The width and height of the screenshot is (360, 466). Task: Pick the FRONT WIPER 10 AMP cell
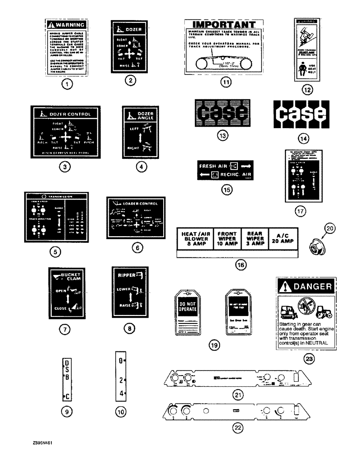[x=227, y=238]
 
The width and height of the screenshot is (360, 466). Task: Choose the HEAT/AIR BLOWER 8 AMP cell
[x=194, y=238]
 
